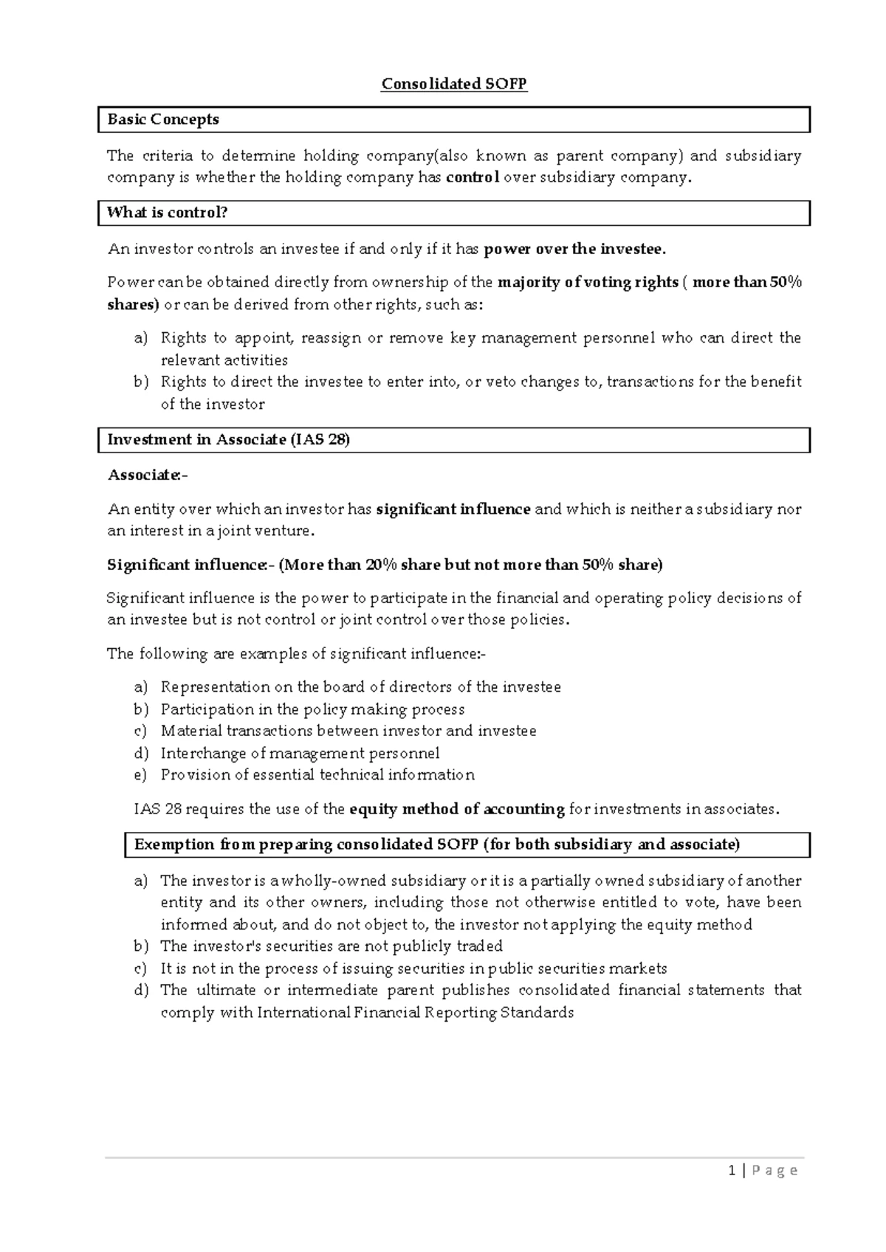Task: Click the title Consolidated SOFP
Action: [x=454, y=83]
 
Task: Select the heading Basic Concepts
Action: [x=163, y=120]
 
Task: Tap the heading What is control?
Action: [x=168, y=213]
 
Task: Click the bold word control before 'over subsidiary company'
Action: [x=473, y=177]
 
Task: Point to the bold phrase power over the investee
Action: [x=574, y=250]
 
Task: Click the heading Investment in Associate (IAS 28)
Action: [x=229, y=440]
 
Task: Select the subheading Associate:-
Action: [x=148, y=475]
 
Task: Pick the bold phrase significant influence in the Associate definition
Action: [x=453, y=509]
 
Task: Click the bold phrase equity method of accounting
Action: [x=457, y=809]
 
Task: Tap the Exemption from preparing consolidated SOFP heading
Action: [x=436, y=845]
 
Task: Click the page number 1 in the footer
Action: [x=732, y=1170]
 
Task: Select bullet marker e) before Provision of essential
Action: [x=141, y=775]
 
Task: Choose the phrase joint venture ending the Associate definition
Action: [x=275, y=531]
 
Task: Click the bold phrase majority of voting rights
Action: [x=588, y=283]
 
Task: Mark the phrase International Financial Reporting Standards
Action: [x=415, y=1013]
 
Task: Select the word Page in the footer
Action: [x=775, y=1171]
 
